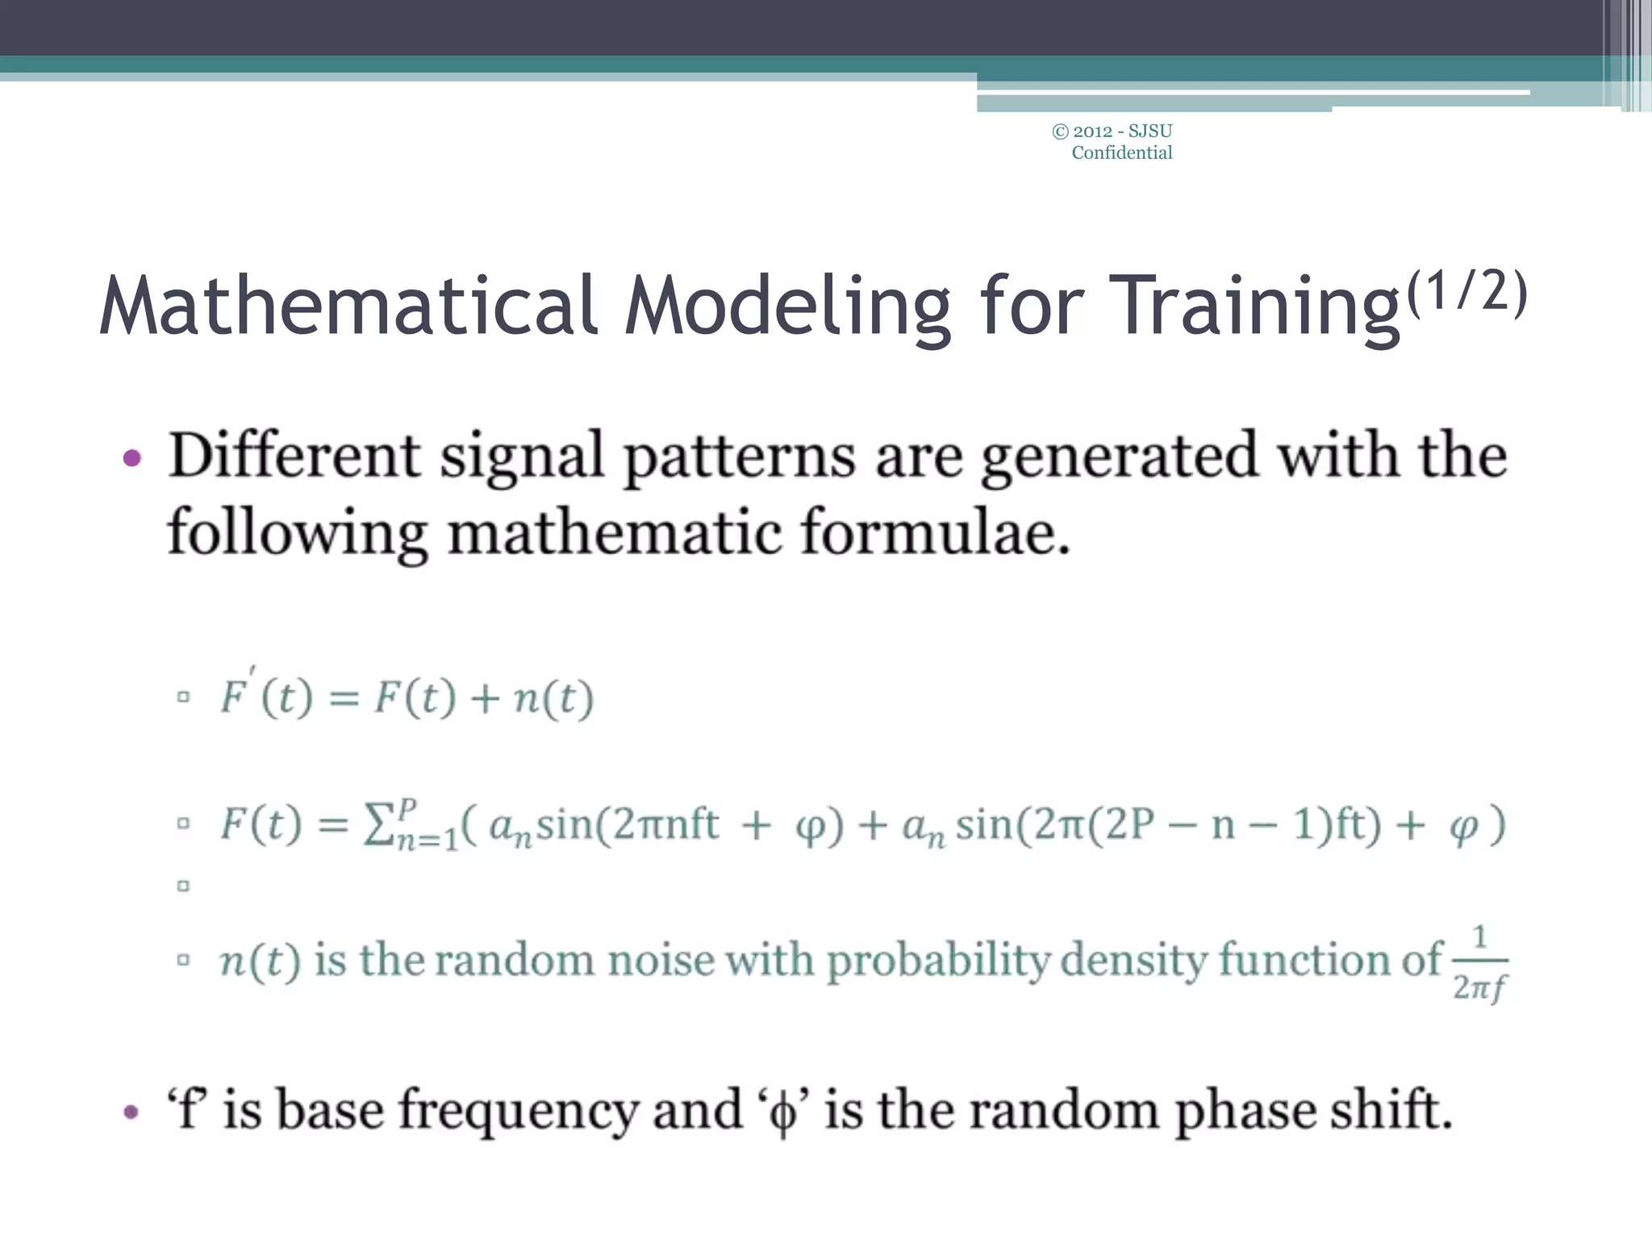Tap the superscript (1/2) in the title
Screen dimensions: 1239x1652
pyautogui.click(x=1466, y=292)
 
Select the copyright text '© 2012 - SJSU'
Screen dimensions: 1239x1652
pyautogui.click(x=1112, y=131)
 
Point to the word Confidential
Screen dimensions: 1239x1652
pyautogui.click(x=1121, y=152)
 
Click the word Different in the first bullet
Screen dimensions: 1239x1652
pyautogui.click(x=294, y=456)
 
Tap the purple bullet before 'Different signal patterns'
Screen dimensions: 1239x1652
pyautogui.click(x=131, y=459)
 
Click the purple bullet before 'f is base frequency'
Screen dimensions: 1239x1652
pyautogui.click(x=131, y=1113)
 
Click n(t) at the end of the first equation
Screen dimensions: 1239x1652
pyautogui.click(x=553, y=698)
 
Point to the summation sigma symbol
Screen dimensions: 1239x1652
pyautogui.click(x=377, y=824)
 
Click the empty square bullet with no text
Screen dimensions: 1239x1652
pyautogui.click(x=183, y=886)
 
